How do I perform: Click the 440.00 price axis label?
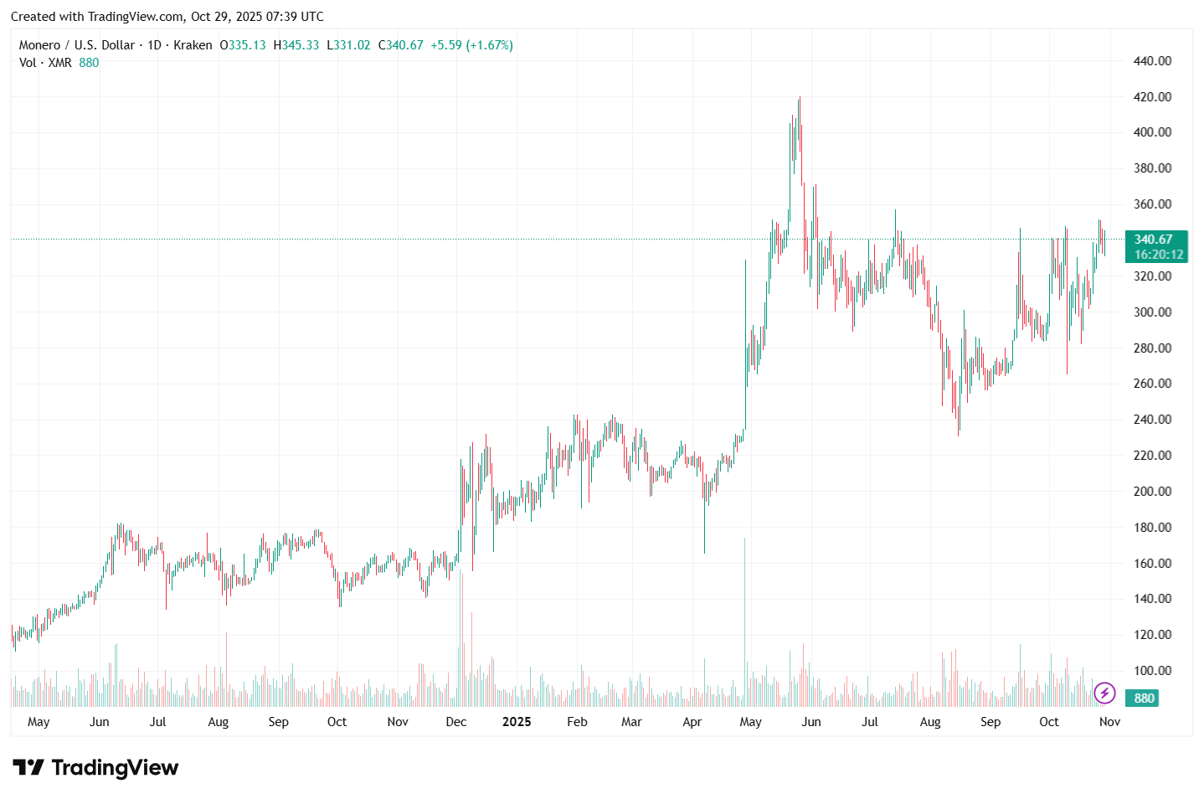[x=1152, y=61]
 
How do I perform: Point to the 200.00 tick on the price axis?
[x=1152, y=492]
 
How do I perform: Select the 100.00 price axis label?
[x=1152, y=671]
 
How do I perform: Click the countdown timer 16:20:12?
[x=1159, y=255]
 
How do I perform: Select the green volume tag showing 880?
[x=1144, y=698]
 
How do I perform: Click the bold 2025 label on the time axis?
[x=517, y=722]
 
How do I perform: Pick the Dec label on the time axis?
[x=456, y=722]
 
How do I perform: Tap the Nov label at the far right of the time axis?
[x=1109, y=722]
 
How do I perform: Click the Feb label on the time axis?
[x=577, y=722]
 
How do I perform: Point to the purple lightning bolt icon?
[x=1105, y=693]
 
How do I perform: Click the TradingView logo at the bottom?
[x=95, y=768]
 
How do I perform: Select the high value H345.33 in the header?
[x=296, y=45]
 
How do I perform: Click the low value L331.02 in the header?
[x=348, y=45]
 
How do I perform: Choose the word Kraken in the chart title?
[x=193, y=45]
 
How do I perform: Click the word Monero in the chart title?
[x=39, y=45]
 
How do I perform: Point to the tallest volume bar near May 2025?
[x=744, y=620]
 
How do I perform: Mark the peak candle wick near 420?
[x=800, y=99]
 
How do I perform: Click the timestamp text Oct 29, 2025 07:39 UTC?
[x=257, y=17]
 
